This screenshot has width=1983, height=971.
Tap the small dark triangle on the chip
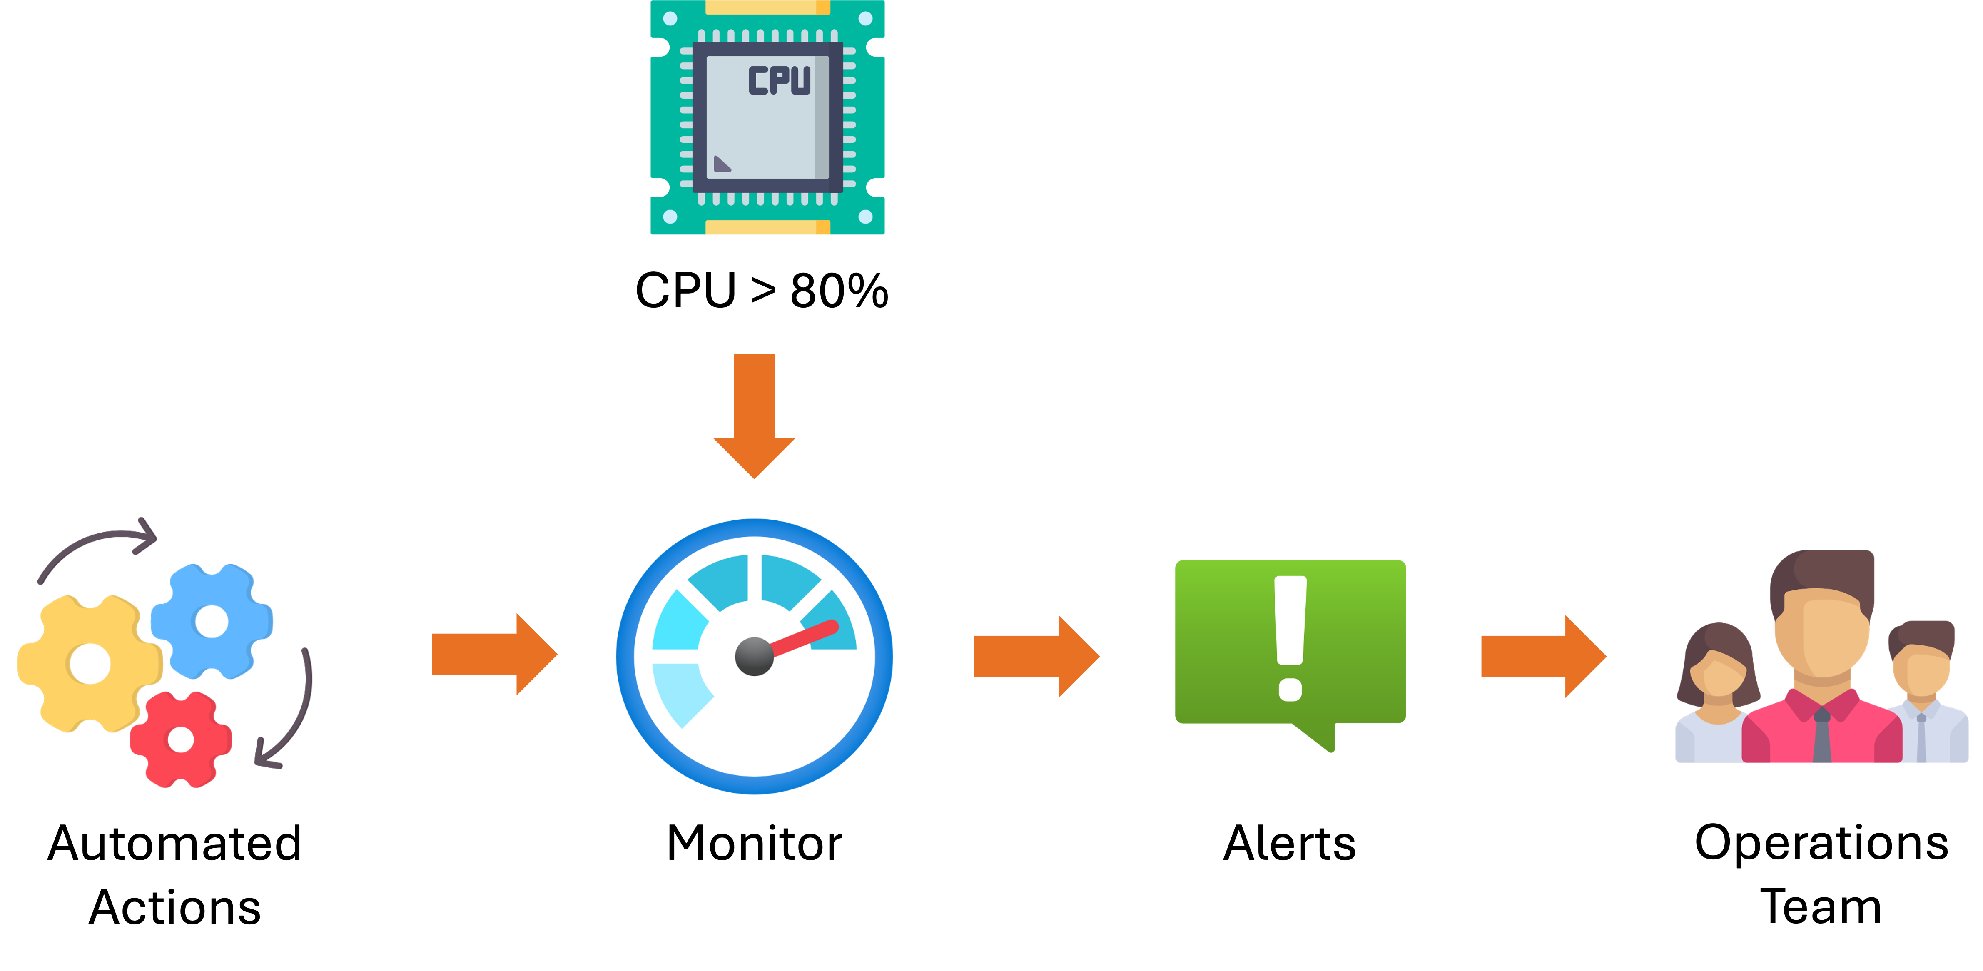tap(721, 163)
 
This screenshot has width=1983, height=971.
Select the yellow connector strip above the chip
tap(767, 7)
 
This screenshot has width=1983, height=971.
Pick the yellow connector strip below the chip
tap(767, 227)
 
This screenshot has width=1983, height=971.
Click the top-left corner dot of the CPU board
tap(670, 18)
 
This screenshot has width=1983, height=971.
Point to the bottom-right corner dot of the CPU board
tap(865, 217)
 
